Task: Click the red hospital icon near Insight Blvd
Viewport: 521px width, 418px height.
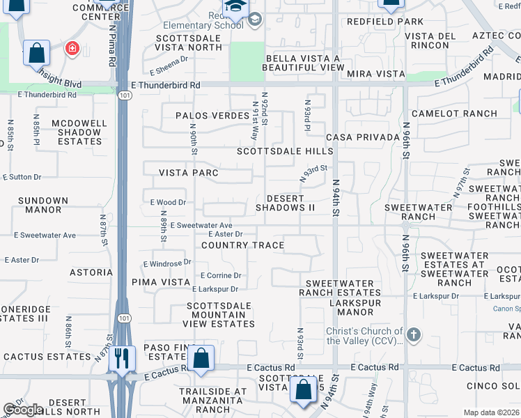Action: click(x=71, y=48)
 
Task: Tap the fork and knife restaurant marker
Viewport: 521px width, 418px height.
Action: click(x=122, y=359)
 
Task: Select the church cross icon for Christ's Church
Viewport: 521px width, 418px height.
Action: click(x=414, y=335)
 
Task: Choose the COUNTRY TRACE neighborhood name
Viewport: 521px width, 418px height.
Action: click(x=242, y=245)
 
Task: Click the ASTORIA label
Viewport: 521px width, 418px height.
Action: click(x=91, y=272)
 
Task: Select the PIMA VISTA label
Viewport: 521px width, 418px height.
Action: click(x=156, y=282)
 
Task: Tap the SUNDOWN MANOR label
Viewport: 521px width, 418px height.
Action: click(x=43, y=205)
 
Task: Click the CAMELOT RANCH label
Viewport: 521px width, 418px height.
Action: click(x=454, y=114)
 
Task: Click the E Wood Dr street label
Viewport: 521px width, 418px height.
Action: click(x=168, y=203)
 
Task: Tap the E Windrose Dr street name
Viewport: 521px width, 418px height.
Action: click(x=167, y=263)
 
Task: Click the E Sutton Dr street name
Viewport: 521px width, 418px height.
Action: click(x=21, y=178)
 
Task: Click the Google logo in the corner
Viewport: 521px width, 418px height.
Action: click(x=24, y=410)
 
